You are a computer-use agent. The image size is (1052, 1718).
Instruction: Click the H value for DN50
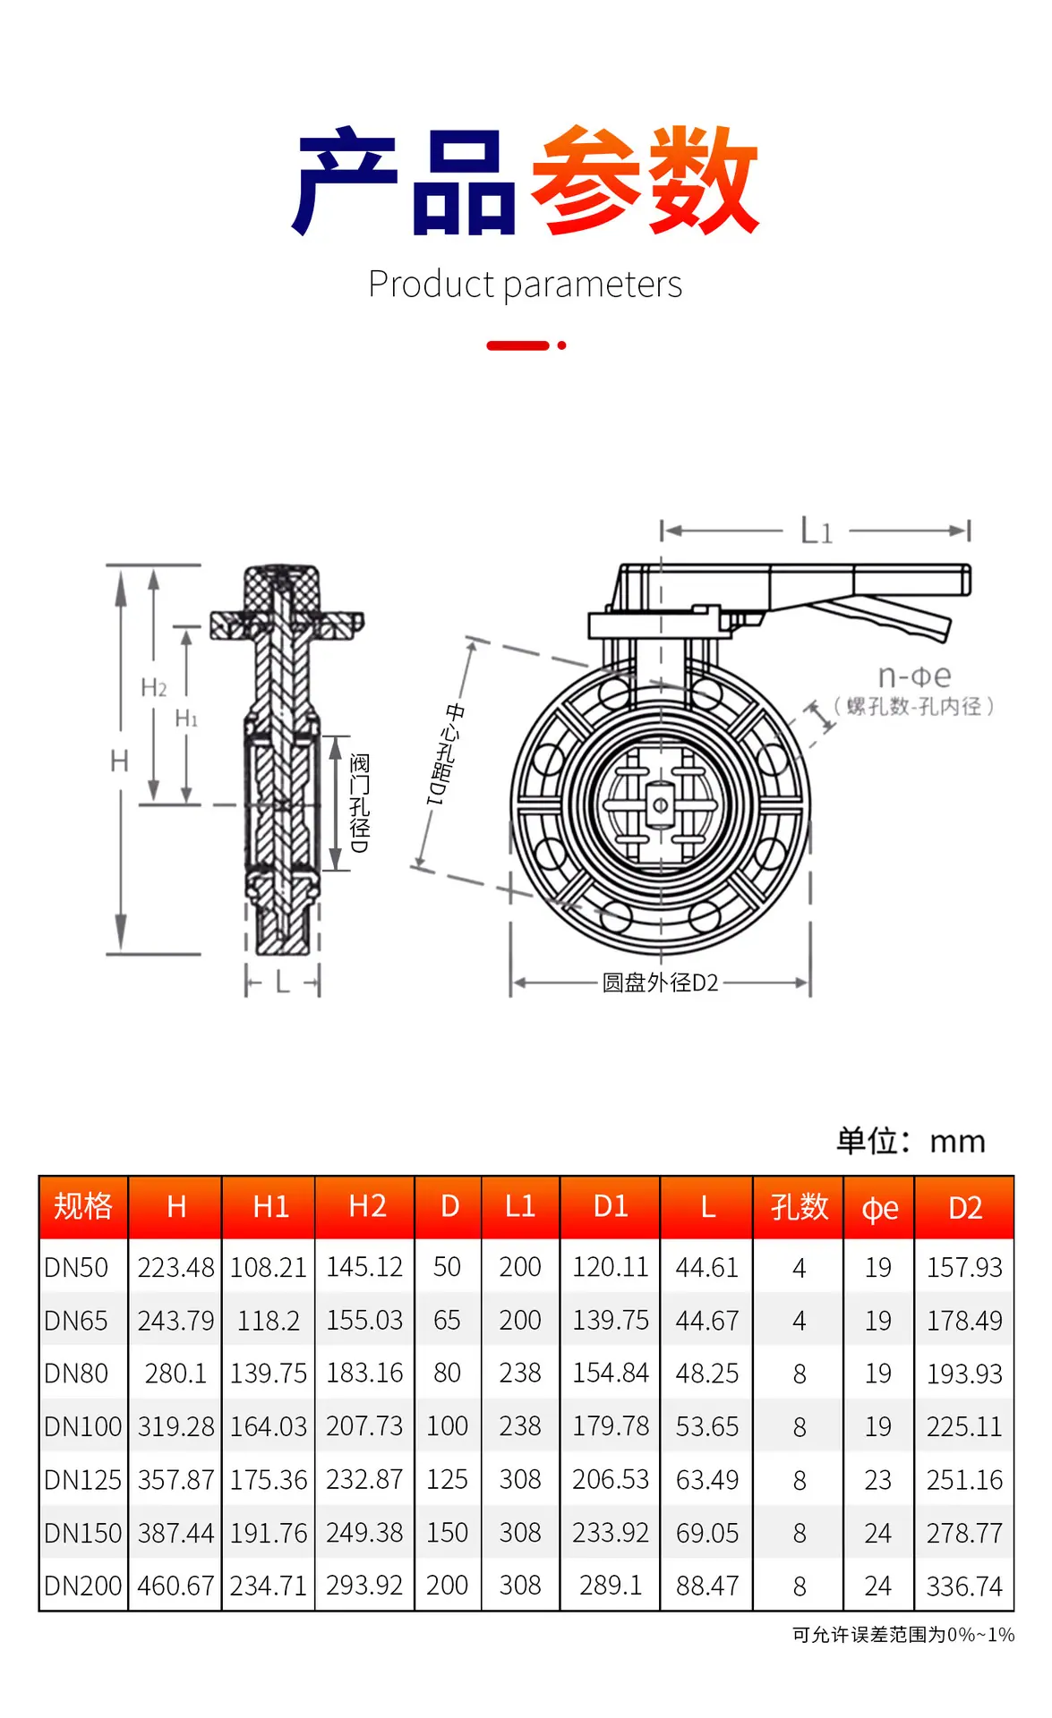(175, 1267)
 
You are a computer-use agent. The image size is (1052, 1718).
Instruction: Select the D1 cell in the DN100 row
(611, 1425)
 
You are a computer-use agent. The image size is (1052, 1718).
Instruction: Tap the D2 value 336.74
(964, 1586)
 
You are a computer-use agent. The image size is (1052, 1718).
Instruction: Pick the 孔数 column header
(799, 1206)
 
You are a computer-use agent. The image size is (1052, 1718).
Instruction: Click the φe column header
(879, 1208)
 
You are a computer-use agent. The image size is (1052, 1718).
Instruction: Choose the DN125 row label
(82, 1479)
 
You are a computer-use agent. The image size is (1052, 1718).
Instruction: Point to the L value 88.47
(707, 1586)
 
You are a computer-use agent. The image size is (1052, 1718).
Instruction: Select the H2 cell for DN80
(364, 1373)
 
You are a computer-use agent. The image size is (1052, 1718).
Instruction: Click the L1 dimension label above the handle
(817, 531)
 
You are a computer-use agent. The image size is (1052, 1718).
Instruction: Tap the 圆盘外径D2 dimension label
(660, 982)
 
